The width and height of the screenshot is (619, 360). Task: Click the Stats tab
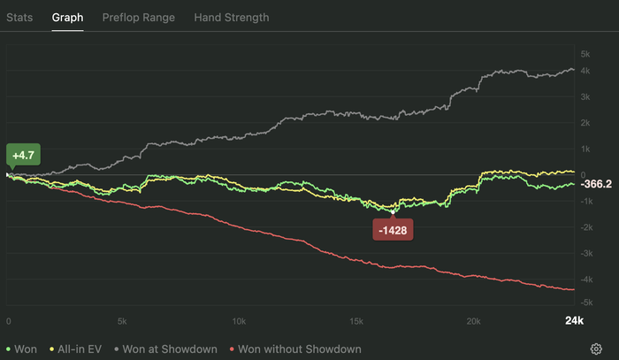tap(19, 17)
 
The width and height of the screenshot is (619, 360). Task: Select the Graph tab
tap(67, 17)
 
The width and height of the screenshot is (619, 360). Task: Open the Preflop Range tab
tap(138, 17)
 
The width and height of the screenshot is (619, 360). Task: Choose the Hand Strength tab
tap(232, 17)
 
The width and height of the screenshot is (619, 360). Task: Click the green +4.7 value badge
tap(23, 155)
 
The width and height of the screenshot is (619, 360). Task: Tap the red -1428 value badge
tap(394, 231)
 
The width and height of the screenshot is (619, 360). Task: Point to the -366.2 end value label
tap(596, 184)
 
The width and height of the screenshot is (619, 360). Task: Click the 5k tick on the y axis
tap(585, 54)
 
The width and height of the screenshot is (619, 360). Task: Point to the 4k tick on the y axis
tap(585, 96)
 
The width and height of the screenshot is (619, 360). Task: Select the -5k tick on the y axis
tap(585, 303)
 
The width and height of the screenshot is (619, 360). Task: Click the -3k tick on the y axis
tap(585, 253)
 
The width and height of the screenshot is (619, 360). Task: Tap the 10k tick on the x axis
tap(238, 320)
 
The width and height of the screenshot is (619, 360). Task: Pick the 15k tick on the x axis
tap(355, 320)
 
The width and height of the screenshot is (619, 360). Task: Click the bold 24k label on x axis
tap(574, 320)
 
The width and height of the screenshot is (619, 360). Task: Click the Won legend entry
tap(22, 349)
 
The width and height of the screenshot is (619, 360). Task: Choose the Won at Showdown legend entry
tap(164, 349)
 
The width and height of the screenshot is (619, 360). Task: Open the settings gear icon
tap(597, 349)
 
